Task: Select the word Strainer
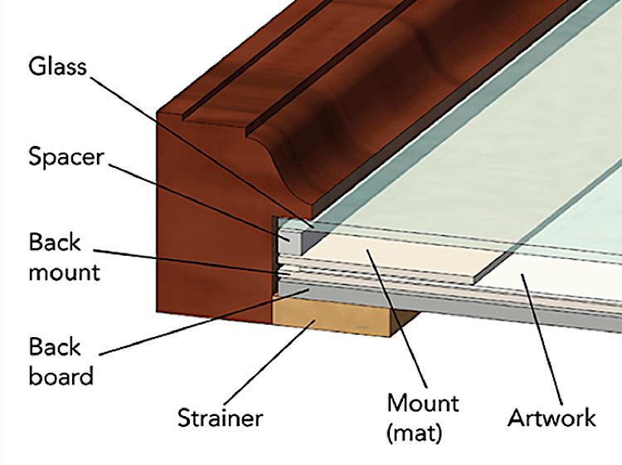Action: coord(220,418)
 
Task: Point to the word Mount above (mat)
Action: coord(423,404)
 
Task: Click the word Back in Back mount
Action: coord(55,242)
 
